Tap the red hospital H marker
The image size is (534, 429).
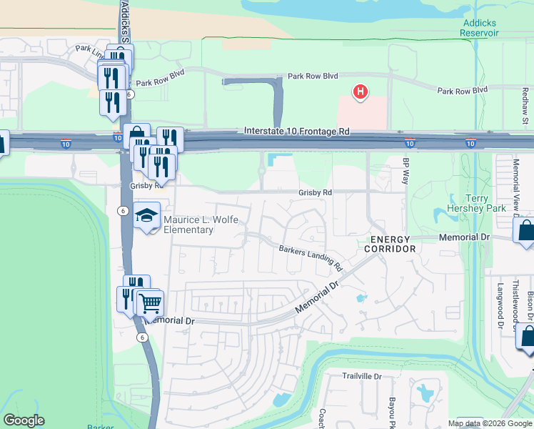(x=361, y=92)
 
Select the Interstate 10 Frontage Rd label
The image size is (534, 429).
(x=296, y=132)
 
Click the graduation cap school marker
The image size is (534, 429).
(x=146, y=216)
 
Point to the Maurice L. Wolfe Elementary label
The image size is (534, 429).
(x=189, y=225)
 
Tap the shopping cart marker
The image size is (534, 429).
(x=149, y=303)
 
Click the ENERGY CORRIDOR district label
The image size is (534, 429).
(x=390, y=244)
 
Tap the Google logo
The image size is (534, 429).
(x=24, y=420)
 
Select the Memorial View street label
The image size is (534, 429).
(x=516, y=182)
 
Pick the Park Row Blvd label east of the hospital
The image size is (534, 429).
(x=462, y=91)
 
